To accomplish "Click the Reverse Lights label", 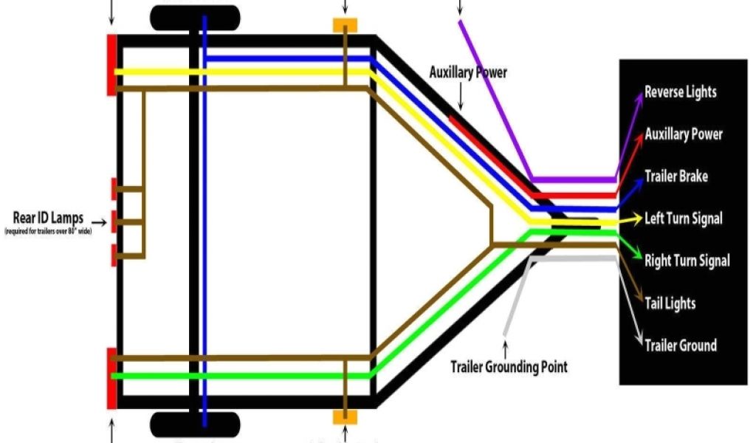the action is [x=680, y=92].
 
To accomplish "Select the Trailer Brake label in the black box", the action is [x=676, y=176].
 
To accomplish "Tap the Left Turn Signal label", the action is [x=684, y=219].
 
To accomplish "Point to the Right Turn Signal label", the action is [x=687, y=261].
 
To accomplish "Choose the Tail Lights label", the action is [x=670, y=303].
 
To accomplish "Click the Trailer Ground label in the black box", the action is [x=680, y=346].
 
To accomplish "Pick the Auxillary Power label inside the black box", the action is [x=684, y=134].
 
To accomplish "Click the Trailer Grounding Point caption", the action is [x=509, y=366].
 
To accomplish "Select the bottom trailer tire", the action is [x=195, y=425].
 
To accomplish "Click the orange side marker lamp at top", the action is [x=345, y=26].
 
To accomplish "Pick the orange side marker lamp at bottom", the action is [x=345, y=416].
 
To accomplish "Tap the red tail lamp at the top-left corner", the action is [x=111, y=64].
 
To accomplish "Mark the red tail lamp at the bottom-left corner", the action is [x=111, y=378].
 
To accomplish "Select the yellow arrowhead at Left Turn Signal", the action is [x=636, y=219].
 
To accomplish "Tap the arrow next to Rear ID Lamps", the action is [x=97, y=219].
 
